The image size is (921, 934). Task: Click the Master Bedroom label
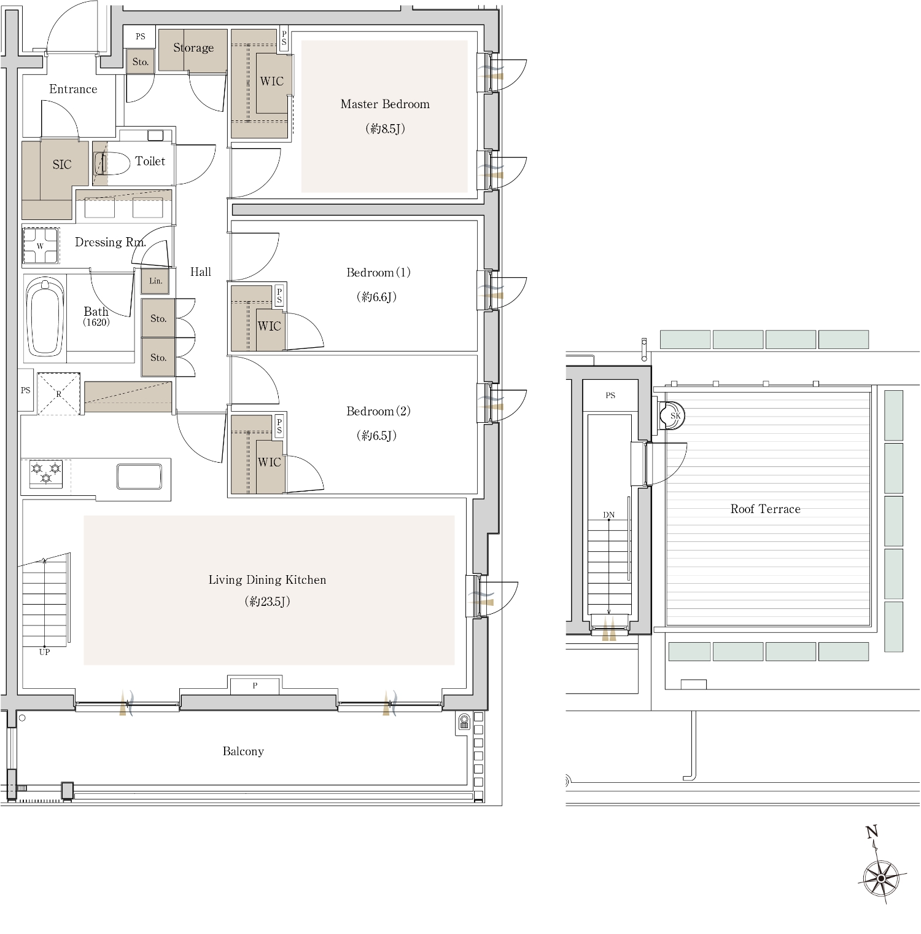tap(385, 104)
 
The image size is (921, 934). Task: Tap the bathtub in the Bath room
tap(45, 317)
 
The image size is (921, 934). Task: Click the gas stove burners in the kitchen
tap(46, 474)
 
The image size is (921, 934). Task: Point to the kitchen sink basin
tap(139, 476)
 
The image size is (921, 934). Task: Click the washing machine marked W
tap(41, 246)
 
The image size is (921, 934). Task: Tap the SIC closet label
tap(62, 165)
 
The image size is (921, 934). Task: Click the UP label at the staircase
tap(44, 652)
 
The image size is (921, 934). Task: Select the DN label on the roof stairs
tap(609, 515)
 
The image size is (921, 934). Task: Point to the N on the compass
tap(872, 832)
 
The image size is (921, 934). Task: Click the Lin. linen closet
tap(155, 281)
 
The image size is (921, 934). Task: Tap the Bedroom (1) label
tap(378, 272)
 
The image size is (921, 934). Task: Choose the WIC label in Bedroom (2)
tap(269, 462)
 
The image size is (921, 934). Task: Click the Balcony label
tap(243, 751)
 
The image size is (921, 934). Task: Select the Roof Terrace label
tap(766, 509)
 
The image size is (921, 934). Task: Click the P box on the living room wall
tap(255, 685)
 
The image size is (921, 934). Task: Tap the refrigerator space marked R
tap(59, 394)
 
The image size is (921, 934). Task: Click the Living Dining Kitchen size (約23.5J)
tap(267, 602)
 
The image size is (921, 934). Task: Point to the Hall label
tap(201, 272)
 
